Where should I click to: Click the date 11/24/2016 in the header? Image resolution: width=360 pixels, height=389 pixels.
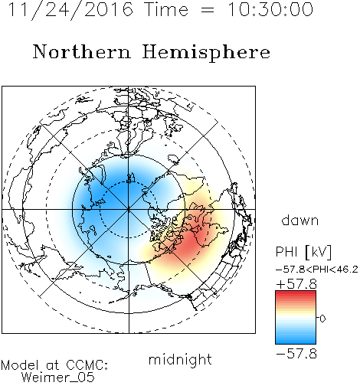(x=70, y=10)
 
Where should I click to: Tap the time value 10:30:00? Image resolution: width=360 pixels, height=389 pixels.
(x=270, y=9)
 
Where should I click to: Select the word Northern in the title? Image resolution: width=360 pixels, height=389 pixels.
(x=82, y=51)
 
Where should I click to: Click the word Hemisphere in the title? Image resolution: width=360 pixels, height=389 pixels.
(x=206, y=53)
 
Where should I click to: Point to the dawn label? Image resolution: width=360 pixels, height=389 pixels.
(x=300, y=220)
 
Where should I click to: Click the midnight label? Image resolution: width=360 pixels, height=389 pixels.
(x=180, y=360)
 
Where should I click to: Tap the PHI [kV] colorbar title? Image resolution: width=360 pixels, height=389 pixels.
(x=303, y=252)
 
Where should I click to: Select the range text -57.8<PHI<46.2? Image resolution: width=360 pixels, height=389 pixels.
(x=317, y=270)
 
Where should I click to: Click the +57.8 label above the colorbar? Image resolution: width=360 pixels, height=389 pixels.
(x=296, y=284)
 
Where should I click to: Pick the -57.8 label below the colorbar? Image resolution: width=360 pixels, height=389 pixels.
(x=296, y=354)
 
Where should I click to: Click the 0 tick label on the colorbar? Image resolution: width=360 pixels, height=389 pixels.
(x=322, y=319)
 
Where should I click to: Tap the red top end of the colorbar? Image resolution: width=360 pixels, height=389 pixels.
(x=296, y=293)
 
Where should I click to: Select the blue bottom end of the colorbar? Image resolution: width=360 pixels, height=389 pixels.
(x=296, y=342)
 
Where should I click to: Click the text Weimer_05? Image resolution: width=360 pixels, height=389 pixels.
(x=58, y=378)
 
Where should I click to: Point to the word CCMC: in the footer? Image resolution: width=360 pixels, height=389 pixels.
(x=87, y=365)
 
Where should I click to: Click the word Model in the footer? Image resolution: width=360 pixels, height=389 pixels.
(x=20, y=365)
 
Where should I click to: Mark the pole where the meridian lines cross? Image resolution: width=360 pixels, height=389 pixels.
(x=129, y=210)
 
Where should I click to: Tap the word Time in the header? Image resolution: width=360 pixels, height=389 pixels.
(x=166, y=9)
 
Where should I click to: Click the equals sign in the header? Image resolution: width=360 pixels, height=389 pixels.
(x=208, y=10)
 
